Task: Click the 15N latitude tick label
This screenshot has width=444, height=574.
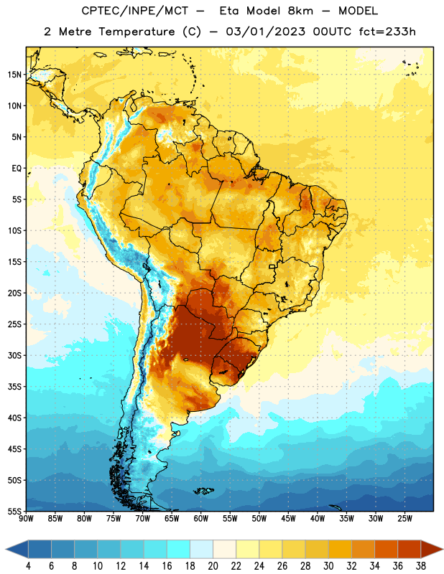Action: (15, 75)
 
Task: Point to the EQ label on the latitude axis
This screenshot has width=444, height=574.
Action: (17, 169)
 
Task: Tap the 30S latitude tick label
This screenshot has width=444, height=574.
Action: (14, 355)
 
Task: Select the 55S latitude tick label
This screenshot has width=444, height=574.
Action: (14, 512)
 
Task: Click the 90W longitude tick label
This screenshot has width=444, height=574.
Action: (26, 519)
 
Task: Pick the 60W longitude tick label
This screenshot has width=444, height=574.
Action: (201, 519)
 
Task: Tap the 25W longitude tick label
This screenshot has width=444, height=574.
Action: (404, 519)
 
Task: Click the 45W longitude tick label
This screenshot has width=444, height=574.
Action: (288, 519)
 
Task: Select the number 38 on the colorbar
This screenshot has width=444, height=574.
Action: (420, 566)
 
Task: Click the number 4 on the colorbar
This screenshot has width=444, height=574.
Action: (28, 566)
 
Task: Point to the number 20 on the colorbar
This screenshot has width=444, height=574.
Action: (213, 566)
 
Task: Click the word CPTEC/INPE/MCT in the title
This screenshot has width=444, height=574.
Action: (135, 11)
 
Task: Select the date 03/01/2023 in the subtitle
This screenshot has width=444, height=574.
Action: (265, 32)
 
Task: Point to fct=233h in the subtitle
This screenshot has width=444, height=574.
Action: (387, 32)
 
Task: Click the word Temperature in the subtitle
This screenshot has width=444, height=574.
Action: (137, 32)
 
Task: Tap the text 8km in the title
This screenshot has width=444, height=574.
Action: (300, 11)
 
